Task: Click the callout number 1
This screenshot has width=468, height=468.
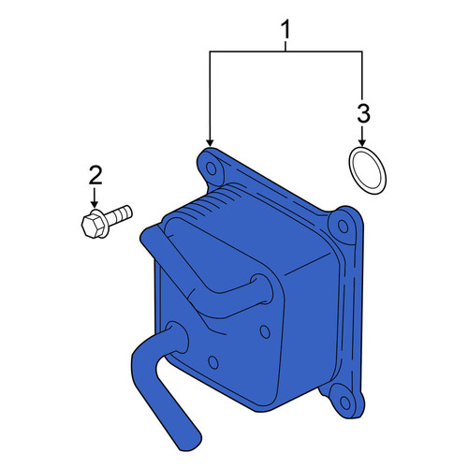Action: click(285, 29)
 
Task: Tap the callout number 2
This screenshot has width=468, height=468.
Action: click(95, 175)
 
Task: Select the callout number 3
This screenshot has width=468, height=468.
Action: click(363, 113)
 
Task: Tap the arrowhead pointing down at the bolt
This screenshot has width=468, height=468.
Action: click(95, 205)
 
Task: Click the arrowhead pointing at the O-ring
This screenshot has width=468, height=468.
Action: click(362, 142)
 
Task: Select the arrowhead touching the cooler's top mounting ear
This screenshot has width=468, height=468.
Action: click(211, 142)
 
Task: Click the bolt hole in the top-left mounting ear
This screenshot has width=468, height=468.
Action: click(212, 168)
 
